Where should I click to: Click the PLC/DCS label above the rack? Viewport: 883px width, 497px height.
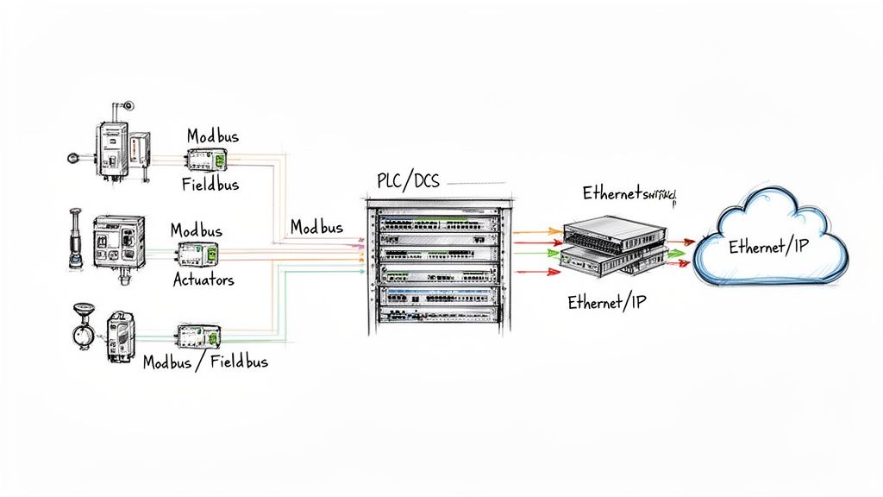[x=408, y=181]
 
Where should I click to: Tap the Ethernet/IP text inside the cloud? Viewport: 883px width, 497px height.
[x=768, y=247]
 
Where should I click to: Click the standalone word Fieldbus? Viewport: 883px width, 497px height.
[x=210, y=184]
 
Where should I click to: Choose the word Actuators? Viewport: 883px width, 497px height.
[x=204, y=280]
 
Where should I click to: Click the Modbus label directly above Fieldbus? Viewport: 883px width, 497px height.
[x=213, y=136]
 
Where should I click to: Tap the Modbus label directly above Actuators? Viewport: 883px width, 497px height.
[x=196, y=230]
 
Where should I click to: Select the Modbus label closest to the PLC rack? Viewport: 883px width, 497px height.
[x=316, y=227]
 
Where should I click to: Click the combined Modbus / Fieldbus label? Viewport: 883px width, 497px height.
[x=205, y=362]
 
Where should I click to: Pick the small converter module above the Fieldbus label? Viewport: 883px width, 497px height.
[x=207, y=159]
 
